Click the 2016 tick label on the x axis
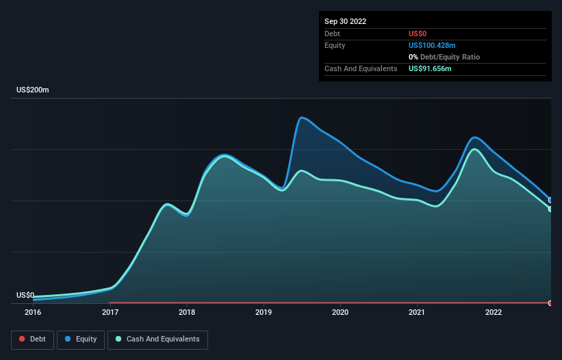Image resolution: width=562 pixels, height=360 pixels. tap(33, 313)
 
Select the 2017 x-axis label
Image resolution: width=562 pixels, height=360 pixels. tap(110, 313)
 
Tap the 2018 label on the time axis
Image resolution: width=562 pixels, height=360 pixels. tap(186, 313)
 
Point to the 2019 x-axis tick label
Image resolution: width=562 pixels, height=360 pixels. tap(264, 313)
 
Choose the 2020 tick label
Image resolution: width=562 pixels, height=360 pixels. tap(340, 313)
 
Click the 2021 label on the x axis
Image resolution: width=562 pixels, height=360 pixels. tap(417, 313)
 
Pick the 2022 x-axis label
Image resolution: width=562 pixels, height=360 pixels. tap(494, 313)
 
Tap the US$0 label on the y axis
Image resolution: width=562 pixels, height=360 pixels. tap(25, 295)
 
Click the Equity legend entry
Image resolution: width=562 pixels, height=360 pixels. tap(80, 339)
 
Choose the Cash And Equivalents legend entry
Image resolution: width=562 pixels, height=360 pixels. tap(157, 339)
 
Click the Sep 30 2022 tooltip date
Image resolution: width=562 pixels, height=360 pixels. tap(346, 21)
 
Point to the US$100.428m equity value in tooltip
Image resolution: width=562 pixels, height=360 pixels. tap(431, 45)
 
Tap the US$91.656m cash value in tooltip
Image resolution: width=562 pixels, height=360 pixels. tap(430, 68)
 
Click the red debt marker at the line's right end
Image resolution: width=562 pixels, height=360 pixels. tap(550, 303)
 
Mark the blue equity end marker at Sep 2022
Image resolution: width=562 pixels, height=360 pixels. tap(550, 200)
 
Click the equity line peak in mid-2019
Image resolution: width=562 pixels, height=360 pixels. tap(301, 117)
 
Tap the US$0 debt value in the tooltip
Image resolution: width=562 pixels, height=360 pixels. tap(418, 34)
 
